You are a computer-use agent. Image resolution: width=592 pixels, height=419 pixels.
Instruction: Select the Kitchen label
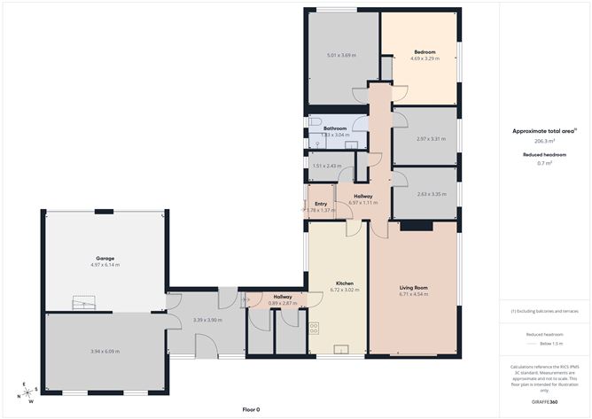[345, 283]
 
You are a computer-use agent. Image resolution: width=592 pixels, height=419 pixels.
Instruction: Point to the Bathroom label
[335, 128]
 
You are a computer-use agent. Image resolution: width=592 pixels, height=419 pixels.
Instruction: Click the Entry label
[321, 204]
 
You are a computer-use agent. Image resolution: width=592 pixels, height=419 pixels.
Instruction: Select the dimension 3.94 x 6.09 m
[105, 352]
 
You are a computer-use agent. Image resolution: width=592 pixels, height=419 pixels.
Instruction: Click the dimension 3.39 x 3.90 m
[206, 320]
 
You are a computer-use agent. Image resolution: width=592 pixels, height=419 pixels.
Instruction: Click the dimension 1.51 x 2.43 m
[327, 166]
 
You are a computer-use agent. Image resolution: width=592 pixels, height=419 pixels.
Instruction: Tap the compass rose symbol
[28, 392]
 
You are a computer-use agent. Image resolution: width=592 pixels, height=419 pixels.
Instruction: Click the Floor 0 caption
[252, 409]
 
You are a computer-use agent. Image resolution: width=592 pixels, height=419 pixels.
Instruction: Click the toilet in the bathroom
[315, 123]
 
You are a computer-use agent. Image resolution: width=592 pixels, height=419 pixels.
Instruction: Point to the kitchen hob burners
[315, 329]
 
